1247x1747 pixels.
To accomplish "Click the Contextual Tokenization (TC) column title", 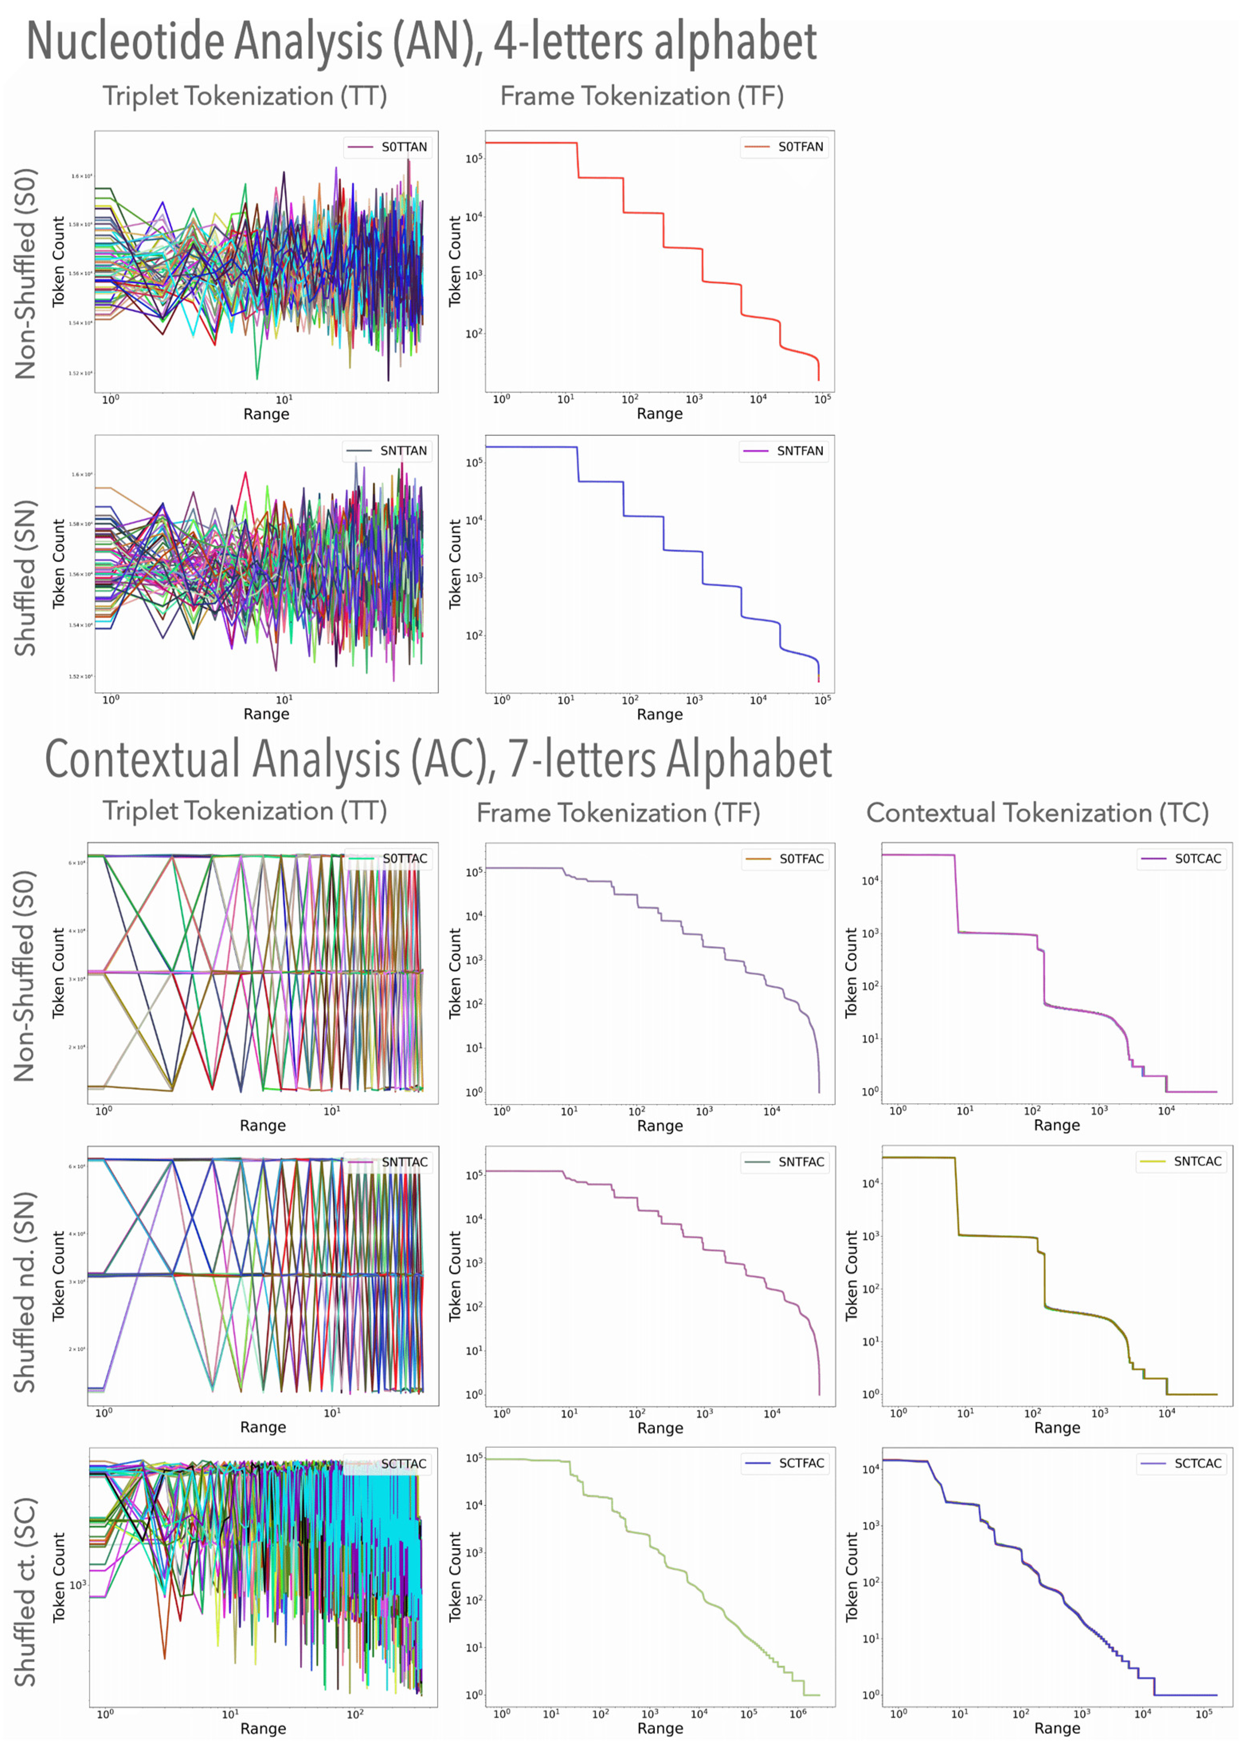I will pyautogui.click(x=1038, y=813).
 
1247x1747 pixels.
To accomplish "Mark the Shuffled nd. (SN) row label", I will pyautogui.click(x=25, y=1292).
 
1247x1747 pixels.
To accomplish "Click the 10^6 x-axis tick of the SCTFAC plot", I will pyautogui.click(x=798, y=1714).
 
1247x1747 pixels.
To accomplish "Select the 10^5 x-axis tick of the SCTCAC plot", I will pyautogui.click(x=1203, y=1714).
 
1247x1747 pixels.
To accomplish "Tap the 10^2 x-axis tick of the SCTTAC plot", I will pyautogui.click(x=355, y=1714).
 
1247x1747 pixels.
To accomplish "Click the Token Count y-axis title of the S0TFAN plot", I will pyautogui.click(x=454, y=261).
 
